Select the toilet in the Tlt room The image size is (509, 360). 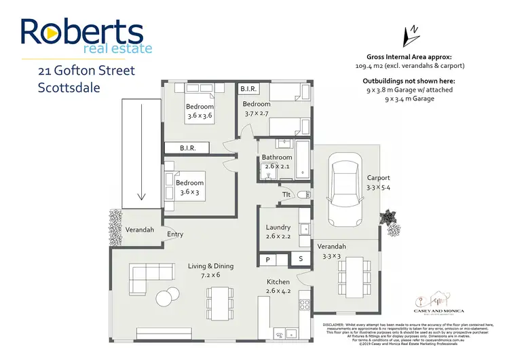coord(303,195)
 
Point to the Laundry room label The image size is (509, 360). coord(278,231)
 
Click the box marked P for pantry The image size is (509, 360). coord(268,259)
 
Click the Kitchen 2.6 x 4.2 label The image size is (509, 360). coord(278,286)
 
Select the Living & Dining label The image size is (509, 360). coord(211,270)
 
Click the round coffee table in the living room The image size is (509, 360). coord(164,298)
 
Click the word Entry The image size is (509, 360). coord(175,234)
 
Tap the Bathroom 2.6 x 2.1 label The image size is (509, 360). coord(277,162)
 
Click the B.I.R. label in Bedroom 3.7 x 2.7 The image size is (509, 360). coord(248,89)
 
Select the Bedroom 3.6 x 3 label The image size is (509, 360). coord(190,187)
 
